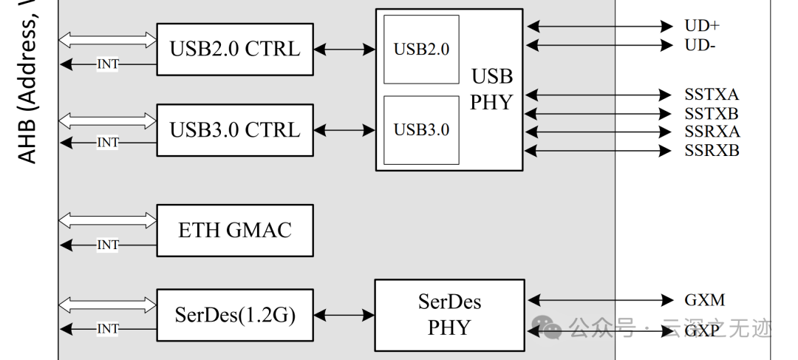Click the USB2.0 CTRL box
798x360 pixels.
pyautogui.click(x=235, y=49)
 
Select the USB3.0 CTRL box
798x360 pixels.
pyautogui.click(x=235, y=130)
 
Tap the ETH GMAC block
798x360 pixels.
pyautogui.click(x=235, y=230)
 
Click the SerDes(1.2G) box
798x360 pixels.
pyautogui.click(x=235, y=316)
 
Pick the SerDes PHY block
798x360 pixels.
pyautogui.click(x=449, y=314)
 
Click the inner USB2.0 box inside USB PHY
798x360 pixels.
pyautogui.click(x=421, y=50)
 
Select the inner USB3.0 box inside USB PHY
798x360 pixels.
pyautogui.click(x=421, y=130)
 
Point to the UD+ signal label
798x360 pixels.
pyautogui.click(x=701, y=26)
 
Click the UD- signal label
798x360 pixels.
pyautogui.click(x=700, y=46)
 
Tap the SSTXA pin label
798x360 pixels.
pyautogui.click(x=711, y=95)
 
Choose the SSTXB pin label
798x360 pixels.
pyautogui.click(x=711, y=114)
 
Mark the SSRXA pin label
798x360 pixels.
pyautogui.click(x=711, y=132)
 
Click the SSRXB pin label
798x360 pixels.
pyautogui.click(x=711, y=151)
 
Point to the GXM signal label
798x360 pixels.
pyautogui.click(x=704, y=300)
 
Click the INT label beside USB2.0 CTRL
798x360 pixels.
pyautogui.click(x=108, y=64)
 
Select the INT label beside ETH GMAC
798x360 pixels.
pyautogui.click(x=108, y=245)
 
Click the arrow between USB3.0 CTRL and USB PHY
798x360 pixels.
pyautogui.click(x=344, y=131)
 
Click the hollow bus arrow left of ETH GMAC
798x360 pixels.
pyautogui.click(x=108, y=220)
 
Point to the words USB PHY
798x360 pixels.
pyautogui.click(x=491, y=89)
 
